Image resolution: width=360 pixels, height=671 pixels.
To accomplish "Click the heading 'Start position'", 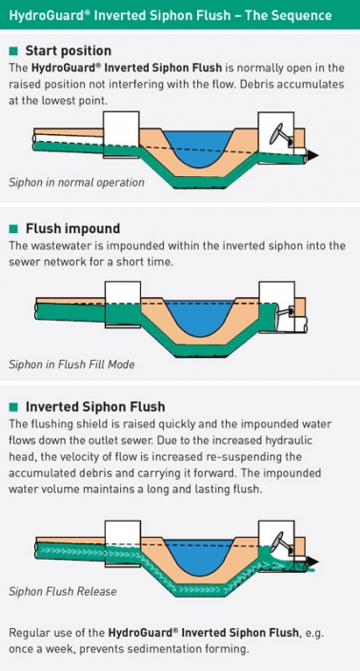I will point(68,50).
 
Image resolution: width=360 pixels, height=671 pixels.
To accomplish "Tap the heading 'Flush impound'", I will point(72,228).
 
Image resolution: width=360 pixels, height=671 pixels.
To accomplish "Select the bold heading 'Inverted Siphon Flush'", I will point(95,406).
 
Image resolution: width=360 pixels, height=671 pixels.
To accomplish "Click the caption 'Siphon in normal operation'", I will point(76,182).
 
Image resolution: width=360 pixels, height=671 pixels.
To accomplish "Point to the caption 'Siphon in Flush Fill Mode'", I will point(71,364).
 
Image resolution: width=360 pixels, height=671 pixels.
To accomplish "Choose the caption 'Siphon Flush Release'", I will point(63,591).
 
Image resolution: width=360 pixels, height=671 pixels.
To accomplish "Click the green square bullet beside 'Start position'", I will point(13,50).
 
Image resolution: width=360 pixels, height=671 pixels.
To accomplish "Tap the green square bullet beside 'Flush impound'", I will point(13,228).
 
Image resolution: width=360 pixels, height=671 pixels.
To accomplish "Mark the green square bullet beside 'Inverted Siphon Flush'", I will point(13,406).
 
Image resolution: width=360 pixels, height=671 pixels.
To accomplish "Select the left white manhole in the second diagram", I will point(121,299).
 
